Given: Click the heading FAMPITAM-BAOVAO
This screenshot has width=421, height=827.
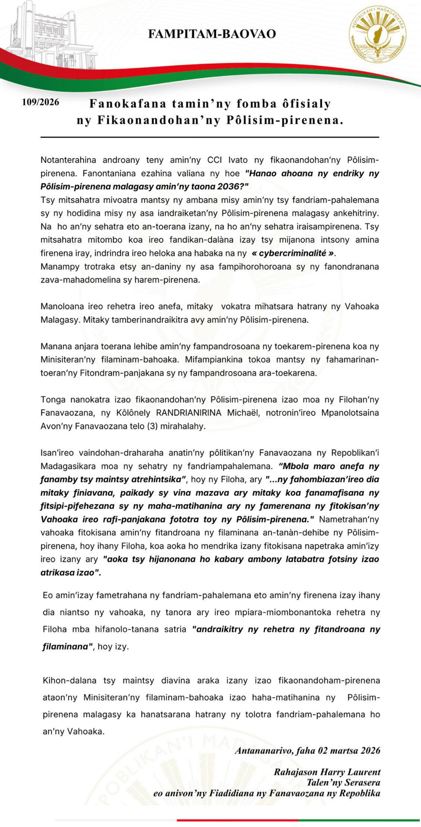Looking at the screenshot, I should tap(212, 34).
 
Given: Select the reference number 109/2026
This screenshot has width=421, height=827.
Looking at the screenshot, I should tap(40, 102).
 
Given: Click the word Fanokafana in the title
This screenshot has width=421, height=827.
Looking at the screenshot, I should tap(128, 104).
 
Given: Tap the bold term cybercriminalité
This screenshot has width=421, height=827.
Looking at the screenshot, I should tap(292, 253).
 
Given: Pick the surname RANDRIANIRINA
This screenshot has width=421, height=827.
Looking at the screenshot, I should tap(189, 413).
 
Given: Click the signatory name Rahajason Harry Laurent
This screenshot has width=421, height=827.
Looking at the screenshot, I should tap(327, 772).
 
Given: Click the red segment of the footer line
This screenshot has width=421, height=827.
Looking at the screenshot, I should tap(237, 820).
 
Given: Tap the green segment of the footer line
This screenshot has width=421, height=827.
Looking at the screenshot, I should tap(358, 820).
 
